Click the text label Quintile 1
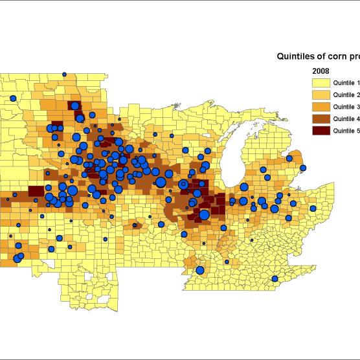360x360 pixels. tap(346, 83)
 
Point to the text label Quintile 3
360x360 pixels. tap(346, 106)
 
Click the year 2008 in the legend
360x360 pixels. tap(321, 70)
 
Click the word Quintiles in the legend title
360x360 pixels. tap(297, 56)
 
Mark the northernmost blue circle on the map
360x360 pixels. tap(64, 74)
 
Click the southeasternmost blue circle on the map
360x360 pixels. tap(274, 279)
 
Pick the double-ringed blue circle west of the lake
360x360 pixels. tap(184, 185)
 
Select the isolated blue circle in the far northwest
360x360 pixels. tap(13, 98)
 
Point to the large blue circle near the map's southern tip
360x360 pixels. tap(200, 270)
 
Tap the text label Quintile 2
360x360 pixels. tap(346, 95)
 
